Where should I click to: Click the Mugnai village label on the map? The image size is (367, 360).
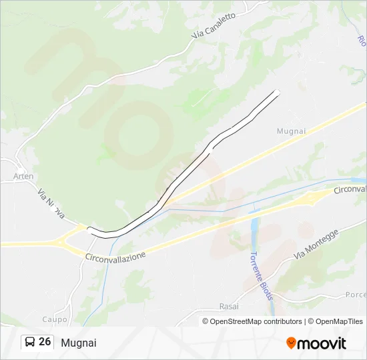[291, 131]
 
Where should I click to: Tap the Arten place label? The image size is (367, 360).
[23, 177]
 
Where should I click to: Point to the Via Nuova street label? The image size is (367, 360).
[51, 204]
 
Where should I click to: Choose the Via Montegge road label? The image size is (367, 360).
[316, 245]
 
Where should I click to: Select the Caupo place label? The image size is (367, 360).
[55, 319]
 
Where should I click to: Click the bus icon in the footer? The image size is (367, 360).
[30, 342]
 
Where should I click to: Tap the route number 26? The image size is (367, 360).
[45, 342]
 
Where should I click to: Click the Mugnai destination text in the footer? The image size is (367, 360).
[78, 343]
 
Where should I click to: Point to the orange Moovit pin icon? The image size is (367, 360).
[291, 343]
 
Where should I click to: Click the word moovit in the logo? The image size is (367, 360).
[322, 343]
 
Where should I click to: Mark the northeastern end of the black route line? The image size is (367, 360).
[277, 91]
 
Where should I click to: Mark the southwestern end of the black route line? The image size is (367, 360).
[89, 231]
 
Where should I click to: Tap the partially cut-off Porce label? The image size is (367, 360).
[356, 295]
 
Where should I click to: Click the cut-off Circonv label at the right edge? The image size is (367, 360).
[350, 190]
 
